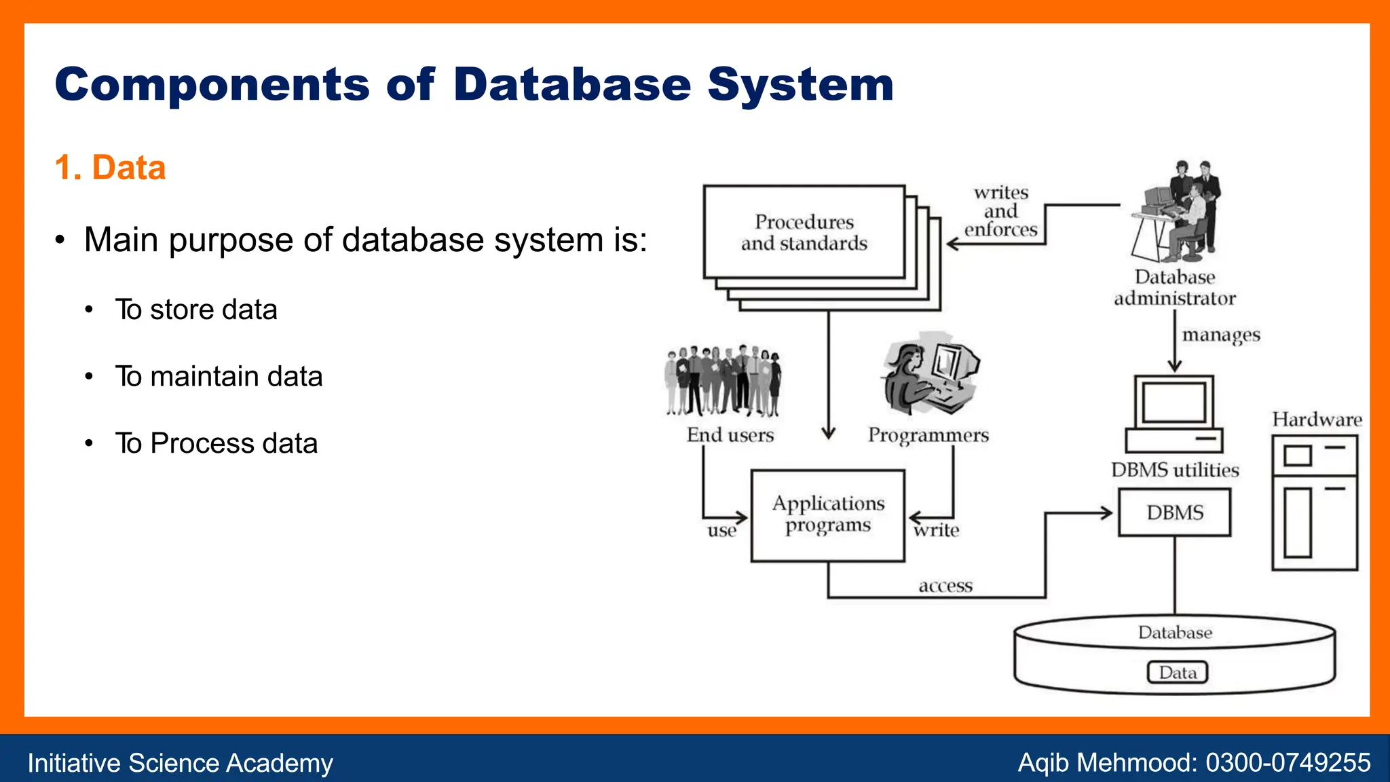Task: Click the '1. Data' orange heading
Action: [110, 168]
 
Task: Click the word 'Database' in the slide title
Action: [572, 85]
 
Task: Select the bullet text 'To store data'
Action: [196, 310]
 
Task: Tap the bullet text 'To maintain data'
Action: [219, 376]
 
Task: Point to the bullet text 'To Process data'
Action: [216, 443]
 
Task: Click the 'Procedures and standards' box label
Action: [804, 232]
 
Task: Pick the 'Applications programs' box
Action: [828, 515]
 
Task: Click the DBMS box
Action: [1175, 513]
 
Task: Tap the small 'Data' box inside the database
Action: [1178, 672]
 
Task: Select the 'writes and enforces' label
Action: [1001, 211]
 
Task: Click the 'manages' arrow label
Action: [1221, 335]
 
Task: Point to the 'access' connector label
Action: [945, 586]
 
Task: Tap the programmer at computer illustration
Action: [930, 373]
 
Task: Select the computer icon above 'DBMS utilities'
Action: [1174, 414]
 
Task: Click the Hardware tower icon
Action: [1315, 502]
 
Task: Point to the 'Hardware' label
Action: [1317, 420]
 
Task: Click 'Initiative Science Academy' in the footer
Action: [180, 763]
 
